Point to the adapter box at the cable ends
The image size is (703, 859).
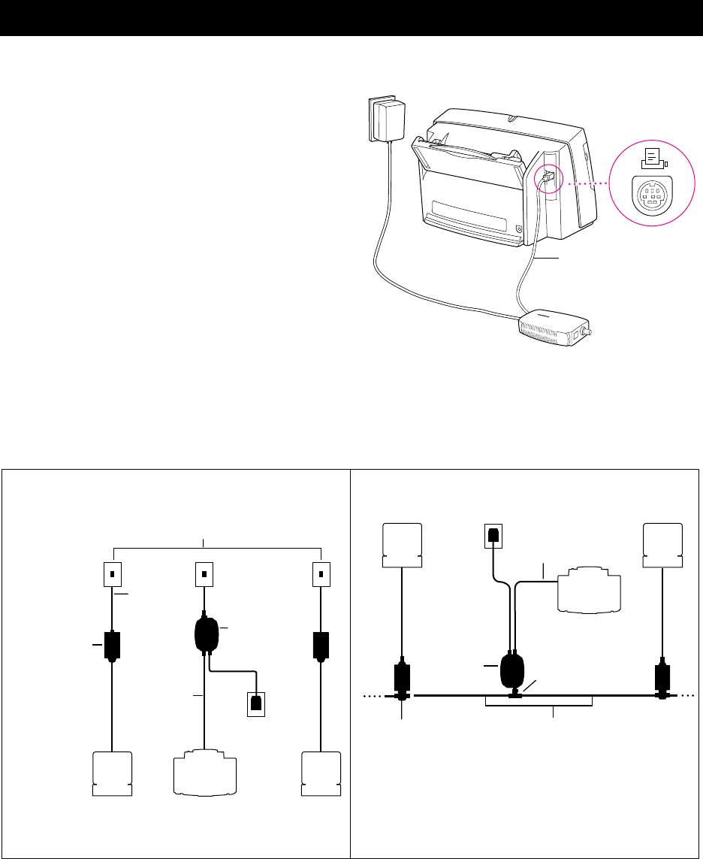click(x=554, y=328)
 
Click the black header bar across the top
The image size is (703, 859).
click(x=351, y=18)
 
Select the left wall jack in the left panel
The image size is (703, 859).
click(x=111, y=575)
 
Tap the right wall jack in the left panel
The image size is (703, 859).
click(x=321, y=575)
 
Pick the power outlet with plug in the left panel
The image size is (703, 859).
click(x=258, y=704)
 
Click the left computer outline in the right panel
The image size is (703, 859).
click(x=403, y=546)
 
